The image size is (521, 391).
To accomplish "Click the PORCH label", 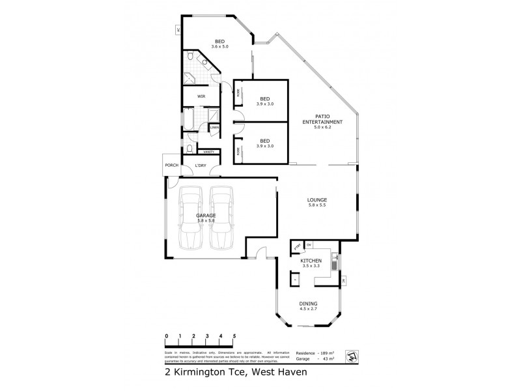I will tap(172, 166).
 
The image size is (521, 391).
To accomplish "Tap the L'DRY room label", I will tap(201, 166).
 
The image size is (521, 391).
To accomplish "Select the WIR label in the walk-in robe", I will tap(193, 96).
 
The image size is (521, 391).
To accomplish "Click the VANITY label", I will tap(208, 152).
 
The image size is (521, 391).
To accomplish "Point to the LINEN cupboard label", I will tap(214, 127).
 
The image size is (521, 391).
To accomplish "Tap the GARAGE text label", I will tap(206, 215).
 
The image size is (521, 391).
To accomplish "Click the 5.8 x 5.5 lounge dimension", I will tap(318, 206).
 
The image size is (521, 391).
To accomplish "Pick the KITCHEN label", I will tap(311, 261).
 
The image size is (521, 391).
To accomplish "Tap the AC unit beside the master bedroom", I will tap(178, 29).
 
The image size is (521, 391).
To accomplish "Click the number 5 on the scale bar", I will tap(234, 337).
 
